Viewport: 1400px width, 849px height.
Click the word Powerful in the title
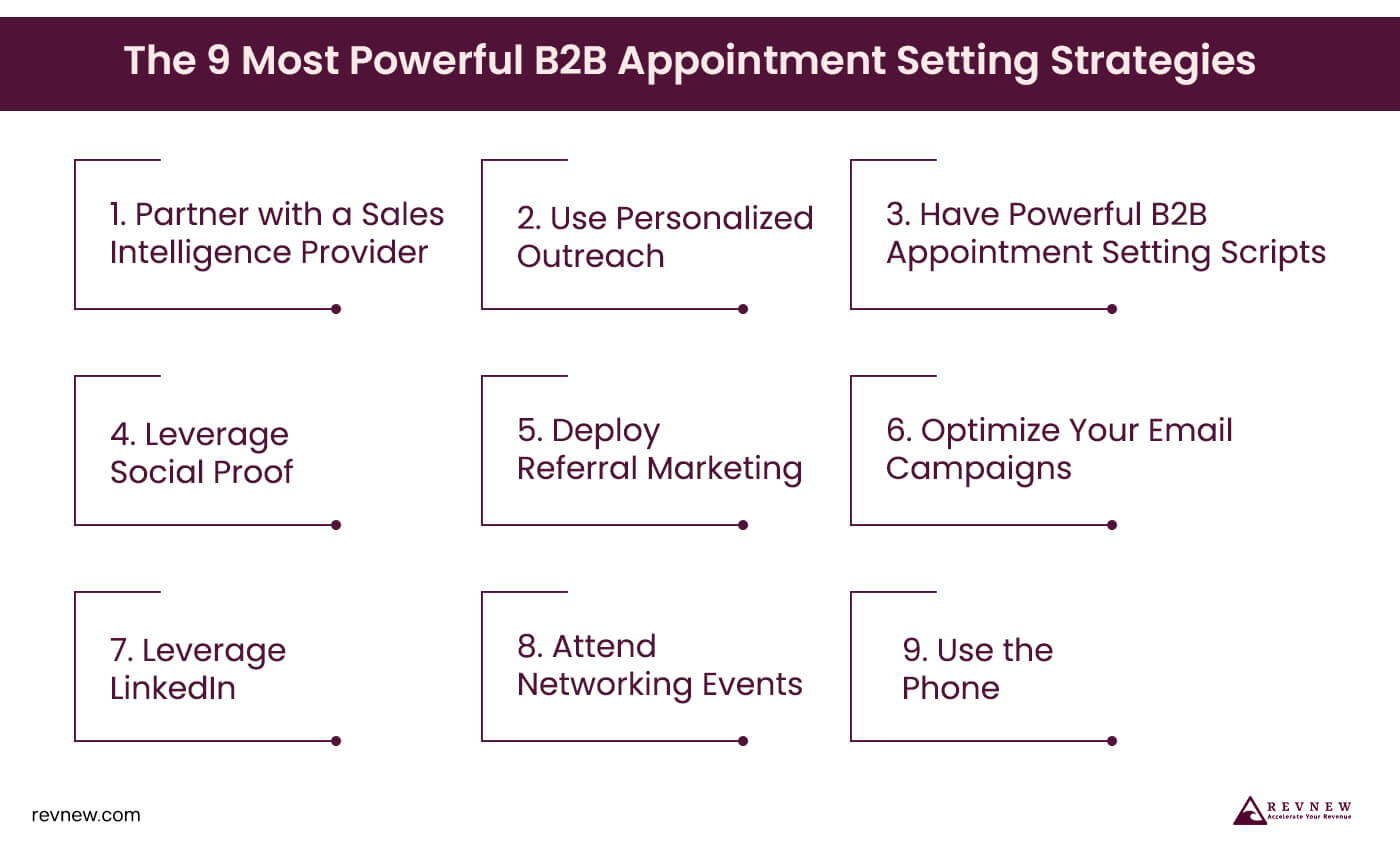(429, 62)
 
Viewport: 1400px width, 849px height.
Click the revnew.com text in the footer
(86, 815)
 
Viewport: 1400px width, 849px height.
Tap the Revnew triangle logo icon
(1249, 811)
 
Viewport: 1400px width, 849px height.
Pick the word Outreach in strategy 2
(590, 256)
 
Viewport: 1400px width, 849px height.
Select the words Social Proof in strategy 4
(201, 471)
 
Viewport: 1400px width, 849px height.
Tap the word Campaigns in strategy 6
(978, 468)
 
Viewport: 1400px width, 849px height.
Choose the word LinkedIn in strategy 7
(173, 688)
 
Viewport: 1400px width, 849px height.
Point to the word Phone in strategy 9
(950, 688)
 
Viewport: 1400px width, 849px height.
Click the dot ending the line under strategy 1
(336, 309)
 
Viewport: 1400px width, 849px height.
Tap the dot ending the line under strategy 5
(743, 525)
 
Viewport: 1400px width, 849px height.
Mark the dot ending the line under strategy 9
(1112, 741)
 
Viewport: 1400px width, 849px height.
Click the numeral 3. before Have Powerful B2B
(898, 214)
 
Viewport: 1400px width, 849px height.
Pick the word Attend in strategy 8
(603, 647)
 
